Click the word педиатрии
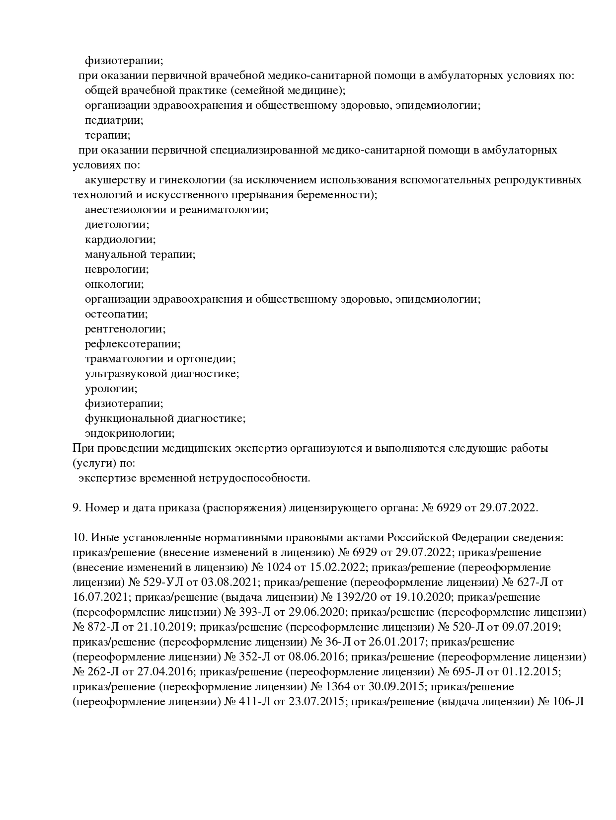[114, 120]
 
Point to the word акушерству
[116, 180]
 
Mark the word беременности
[337, 195]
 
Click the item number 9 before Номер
[77, 508]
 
